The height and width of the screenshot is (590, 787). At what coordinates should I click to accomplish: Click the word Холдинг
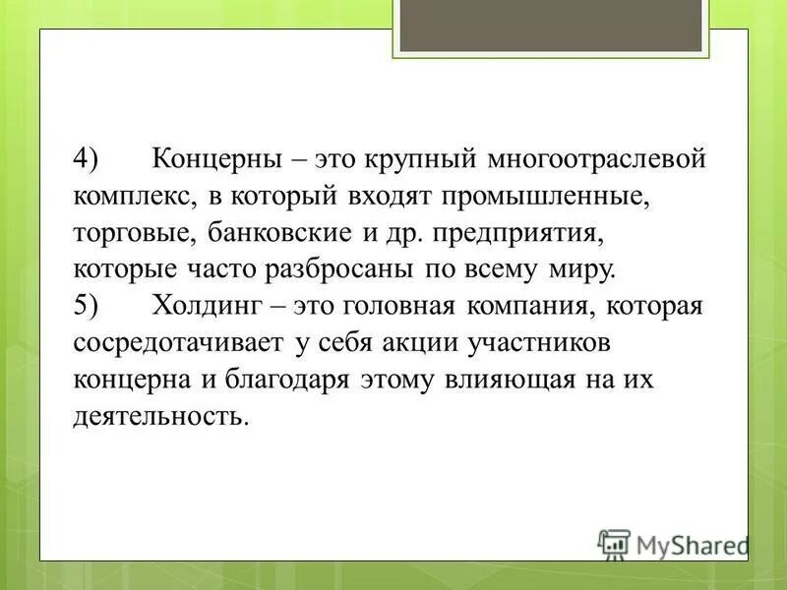pyautogui.click(x=207, y=306)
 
